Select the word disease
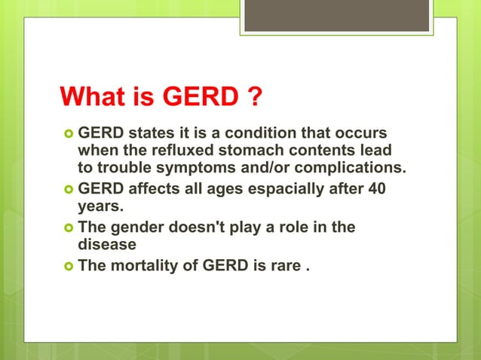pyautogui.click(x=107, y=244)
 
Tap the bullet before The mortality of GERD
pyautogui.click(x=68, y=266)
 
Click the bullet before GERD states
pyautogui.click(x=68, y=133)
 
